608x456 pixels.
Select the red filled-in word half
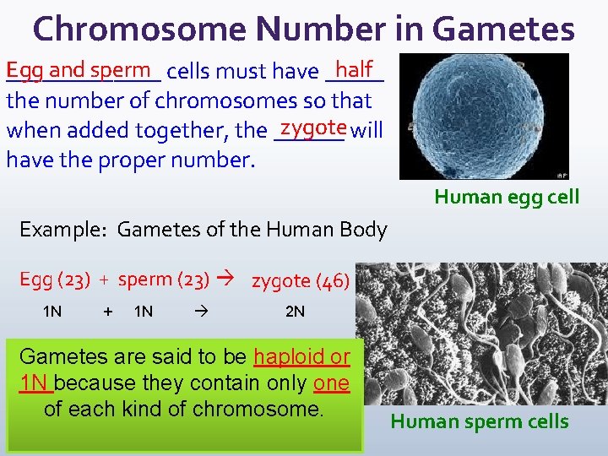(354, 68)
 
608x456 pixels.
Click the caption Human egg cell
(507, 197)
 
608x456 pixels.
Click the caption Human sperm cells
(479, 421)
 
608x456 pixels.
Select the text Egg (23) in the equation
(52, 280)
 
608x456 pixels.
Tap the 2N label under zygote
(295, 312)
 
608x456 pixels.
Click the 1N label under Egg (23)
(52, 312)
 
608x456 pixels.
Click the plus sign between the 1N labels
(107, 312)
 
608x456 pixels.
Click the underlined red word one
(331, 383)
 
